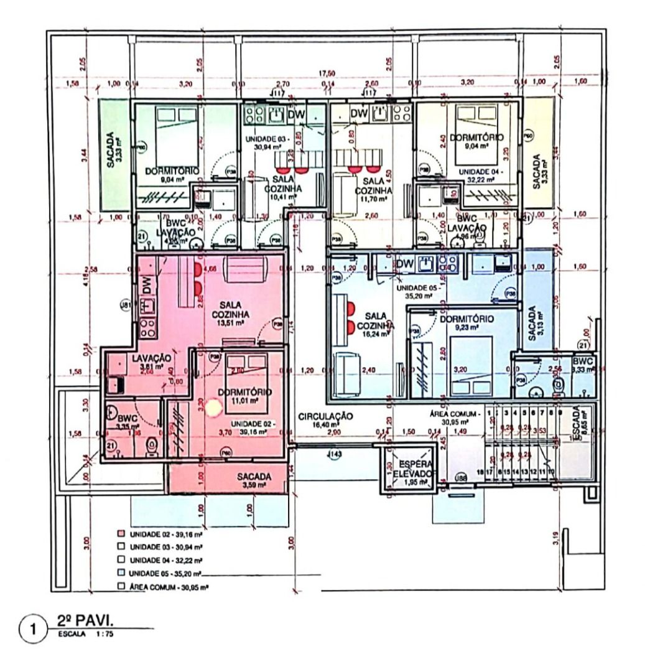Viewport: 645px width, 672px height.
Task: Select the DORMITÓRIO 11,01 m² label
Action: point(245,396)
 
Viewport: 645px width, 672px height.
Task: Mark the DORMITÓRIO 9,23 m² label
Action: point(466,322)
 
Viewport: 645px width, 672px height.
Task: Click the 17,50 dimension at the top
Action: point(328,73)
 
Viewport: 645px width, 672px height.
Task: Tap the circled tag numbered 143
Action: point(335,455)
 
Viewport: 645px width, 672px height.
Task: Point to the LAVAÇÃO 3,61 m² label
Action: point(151,362)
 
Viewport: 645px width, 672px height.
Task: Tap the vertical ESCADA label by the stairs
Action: point(578,423)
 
